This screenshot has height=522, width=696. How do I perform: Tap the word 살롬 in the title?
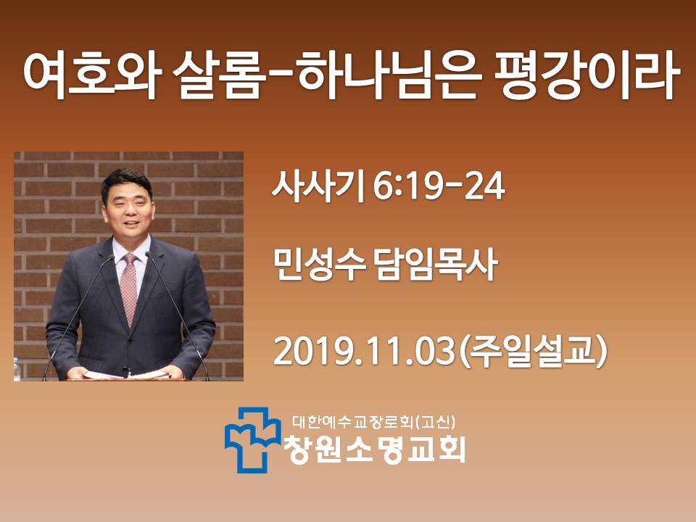[x=217, y=75]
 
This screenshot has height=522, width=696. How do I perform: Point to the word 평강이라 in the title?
[x=585, y=75]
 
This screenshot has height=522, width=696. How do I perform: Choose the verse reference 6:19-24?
[x=439, y=187]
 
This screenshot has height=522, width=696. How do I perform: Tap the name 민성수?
[x=319, y=265]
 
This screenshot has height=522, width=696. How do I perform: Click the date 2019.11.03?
[x=365, y=352]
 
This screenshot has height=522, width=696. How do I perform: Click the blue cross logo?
[x=252, y=439]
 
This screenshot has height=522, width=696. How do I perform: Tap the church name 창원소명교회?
[x=375, y=449]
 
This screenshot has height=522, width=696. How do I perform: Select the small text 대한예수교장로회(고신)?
[x=374, y=422]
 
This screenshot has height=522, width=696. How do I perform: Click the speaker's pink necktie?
[x=128, y=289]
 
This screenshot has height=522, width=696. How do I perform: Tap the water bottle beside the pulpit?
[x=17, y=369]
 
